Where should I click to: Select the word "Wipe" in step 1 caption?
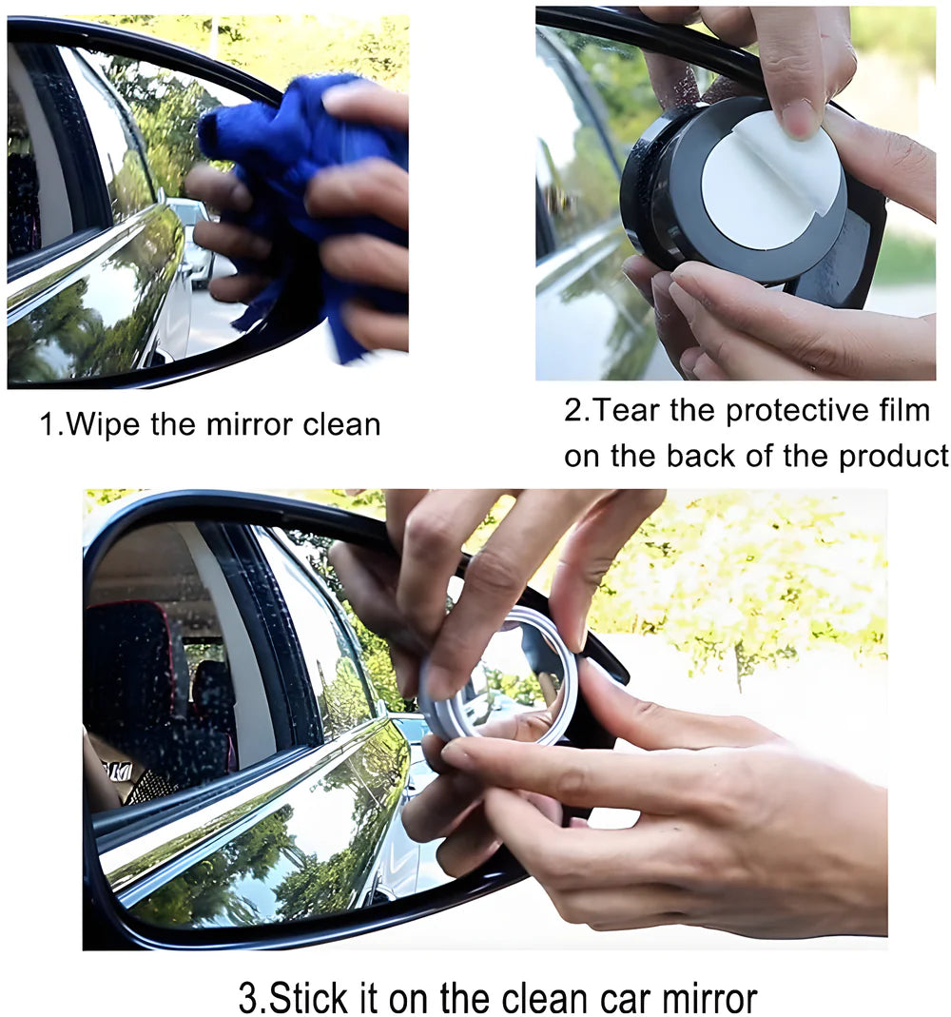pyautogui.click(x=105, y=424)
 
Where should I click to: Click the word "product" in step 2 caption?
pyautogui.click(x=893, y=456)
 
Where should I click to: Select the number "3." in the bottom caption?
pyautogui.click(x=252, y=998)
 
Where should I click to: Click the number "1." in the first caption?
pyautogui.click(x=49, y=424)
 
